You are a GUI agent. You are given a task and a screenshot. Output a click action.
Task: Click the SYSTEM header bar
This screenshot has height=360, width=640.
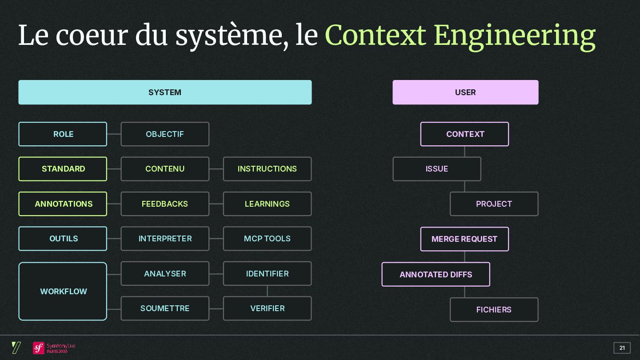pos(165,92)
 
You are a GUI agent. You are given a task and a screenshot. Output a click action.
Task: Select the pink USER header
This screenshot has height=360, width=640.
pos(465,92)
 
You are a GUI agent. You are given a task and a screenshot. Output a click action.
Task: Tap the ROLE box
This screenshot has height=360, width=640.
pos(63,134)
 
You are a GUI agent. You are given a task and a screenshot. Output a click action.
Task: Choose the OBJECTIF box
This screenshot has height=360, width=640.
pos(165,134)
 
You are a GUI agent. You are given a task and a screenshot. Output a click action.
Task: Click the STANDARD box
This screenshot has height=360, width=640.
pos(63,169)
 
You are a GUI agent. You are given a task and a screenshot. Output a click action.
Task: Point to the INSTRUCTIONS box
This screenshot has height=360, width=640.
pos(267,169)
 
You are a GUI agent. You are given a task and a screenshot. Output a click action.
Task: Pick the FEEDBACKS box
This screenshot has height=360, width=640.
pos(165,204)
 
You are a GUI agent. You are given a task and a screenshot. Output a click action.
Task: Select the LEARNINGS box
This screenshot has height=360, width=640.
pos(267,204)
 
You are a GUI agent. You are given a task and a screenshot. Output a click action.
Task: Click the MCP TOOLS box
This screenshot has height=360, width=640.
pos(267,239)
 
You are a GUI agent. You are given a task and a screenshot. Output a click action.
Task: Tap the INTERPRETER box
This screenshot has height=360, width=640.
pos(165,239)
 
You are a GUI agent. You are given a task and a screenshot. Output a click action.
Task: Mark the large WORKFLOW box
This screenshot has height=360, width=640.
pos(63,292)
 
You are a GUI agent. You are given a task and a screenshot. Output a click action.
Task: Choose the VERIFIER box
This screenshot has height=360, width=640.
pos(267,308)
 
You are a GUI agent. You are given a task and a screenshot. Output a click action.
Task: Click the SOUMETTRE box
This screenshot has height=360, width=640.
pos(165,308)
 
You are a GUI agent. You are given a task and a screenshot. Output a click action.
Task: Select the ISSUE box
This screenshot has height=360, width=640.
pos(437,169)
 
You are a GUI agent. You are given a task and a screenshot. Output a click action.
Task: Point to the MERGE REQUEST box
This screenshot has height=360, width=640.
pos(464,239)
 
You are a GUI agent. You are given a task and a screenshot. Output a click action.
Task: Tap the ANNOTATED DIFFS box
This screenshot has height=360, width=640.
pos(436,275)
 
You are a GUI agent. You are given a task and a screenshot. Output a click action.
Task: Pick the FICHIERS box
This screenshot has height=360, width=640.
pos(494,310)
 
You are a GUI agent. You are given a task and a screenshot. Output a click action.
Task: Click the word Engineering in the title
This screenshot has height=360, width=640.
pos(514,36)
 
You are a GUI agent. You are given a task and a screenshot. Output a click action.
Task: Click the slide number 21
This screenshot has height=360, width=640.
pos(622,348)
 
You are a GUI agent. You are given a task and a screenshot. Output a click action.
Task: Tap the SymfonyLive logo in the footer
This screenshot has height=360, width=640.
pos(54,348)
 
